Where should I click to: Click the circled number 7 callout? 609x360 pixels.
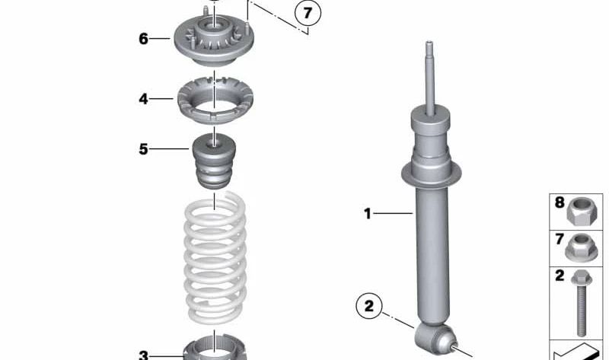pos(308,14)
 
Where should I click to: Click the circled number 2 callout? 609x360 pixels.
pos(369,306)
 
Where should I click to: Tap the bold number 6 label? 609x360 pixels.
pos(144,39)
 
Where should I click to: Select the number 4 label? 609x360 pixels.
pos(143,99)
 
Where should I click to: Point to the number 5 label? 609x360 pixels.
pos(144,149)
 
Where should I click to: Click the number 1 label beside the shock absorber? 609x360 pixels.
pos(368,214)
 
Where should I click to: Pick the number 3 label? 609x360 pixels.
pos(144,355)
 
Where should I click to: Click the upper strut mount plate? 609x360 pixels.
pos(213,40)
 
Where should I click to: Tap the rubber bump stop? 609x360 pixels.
pos(215,161)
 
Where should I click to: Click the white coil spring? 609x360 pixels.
pos(215,258)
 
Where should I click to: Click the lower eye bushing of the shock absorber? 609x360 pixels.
pos(434,338)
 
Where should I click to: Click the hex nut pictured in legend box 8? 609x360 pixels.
pos(579,211)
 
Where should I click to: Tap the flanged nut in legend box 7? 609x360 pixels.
pos(579,247)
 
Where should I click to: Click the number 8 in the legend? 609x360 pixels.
pos(560,202)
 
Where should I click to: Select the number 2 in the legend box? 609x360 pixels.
pos(560,276)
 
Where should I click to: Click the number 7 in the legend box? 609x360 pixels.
pos(560,239)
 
